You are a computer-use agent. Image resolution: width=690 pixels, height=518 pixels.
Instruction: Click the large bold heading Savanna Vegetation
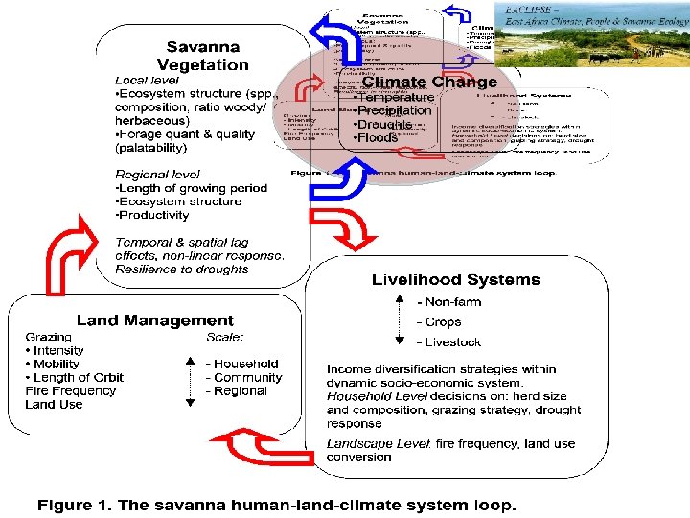(x=202, y=56)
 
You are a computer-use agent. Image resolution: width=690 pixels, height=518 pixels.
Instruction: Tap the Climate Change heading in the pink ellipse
(x=428, y=82)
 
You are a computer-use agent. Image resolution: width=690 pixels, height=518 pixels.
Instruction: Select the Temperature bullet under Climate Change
(x=394, y=98)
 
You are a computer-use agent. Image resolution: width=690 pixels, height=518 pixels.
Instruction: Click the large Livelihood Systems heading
(x=455, y=280)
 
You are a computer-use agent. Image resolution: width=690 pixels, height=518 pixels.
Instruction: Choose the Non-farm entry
(x=448, y=302)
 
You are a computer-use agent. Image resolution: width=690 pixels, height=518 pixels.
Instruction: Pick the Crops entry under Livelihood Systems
(x=439, y=322)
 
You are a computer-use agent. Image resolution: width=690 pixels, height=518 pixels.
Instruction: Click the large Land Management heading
(x=155, y=320)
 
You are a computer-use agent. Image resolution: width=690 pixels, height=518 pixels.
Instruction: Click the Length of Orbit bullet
(x=75, y=377)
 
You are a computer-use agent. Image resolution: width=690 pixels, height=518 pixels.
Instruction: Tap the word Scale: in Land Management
(x=225, y=337)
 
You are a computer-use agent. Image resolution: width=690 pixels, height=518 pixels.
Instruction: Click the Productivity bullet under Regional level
(x=152, y=215)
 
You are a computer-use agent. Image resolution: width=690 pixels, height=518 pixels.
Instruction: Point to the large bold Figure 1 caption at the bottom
(x=276, y=504)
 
